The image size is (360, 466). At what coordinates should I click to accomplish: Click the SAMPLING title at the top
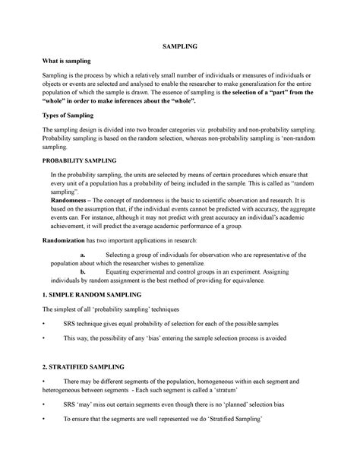coord(179,46)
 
